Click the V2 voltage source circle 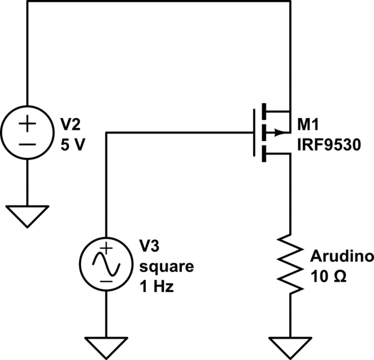pyautogui.click(x=27, y=132)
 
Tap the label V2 pyautogui.click(x=70, y=122)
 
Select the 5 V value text pyautogui.click(x=73, y=144)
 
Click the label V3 pyautogui.click(x=150, y=246)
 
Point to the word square pyautogui.click(x=166, y=267)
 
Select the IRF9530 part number pyautogui.click(x=327, y=143)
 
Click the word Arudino pyautogui.click(x=341, y=256)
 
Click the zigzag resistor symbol pyautogui.click(x=290, y=263)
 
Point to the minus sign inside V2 pyautogui.click(x=27, y=143)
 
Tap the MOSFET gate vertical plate pyautogui.click(x=254, y=132)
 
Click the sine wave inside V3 pyautogui.click(x=107, y=266)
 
